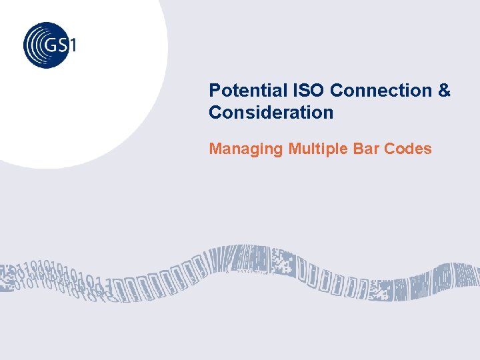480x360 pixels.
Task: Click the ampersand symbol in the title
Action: coord(445,90)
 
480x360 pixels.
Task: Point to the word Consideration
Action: coord(271,113)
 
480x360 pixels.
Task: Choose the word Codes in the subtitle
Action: coord(408,149)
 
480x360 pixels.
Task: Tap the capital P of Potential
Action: coord(214,90)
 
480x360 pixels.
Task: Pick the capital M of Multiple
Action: coord(294,149)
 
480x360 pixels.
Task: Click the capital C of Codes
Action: coord(389,149)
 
